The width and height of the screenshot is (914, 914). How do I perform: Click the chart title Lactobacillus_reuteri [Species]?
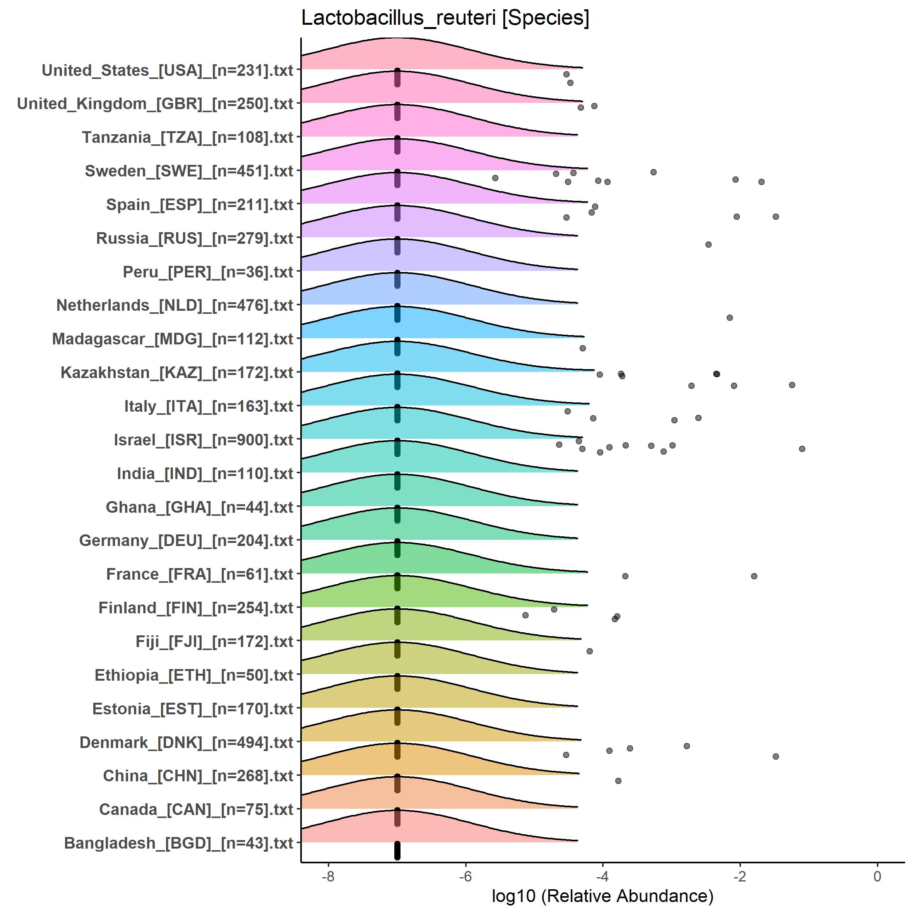pyautogui.click(x=445, y=18)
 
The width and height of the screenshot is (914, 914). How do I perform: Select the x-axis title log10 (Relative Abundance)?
pyautogui.click(x=602, y=895)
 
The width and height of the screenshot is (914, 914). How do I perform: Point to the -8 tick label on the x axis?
pyautogui.click(x=328, y=876)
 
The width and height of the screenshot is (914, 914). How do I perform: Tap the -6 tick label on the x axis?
pyautogui.click(x=465, y=876)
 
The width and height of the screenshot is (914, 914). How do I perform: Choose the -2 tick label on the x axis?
pyautogui.click(x=740, y=876)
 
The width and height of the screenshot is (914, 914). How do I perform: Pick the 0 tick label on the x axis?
pyautogui.click(x=877, y=876)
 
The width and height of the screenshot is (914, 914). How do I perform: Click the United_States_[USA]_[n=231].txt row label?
pyautogui.click(x=168, y=70)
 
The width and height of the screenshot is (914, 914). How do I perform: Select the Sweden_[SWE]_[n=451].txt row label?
pyautogui.click(x=189, y=171)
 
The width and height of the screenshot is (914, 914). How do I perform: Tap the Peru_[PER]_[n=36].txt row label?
pyautogui.click(x=208, y=272)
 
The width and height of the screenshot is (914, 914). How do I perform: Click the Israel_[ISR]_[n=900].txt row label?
pyautogui.click(x=204, y=440)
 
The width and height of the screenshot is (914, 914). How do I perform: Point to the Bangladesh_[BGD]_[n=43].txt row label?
pyautogui.click(x=178, y=843)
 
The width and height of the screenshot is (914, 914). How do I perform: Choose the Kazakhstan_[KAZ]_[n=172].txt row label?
pyautogui.click(x=177, y=373)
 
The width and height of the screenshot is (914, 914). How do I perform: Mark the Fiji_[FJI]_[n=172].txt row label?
pyautogui.click(x=214, y=642)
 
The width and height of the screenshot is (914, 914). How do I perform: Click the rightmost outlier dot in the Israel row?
pyautogui.click(x=802, y=448)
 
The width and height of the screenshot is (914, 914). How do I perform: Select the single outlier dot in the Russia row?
pyautogui.click(x=708, y=245)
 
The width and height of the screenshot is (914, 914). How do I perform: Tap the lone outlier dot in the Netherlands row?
pyautogui.click(x=729, y=317)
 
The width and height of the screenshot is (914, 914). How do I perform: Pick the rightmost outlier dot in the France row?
pyautogui.click(x=754, y=576)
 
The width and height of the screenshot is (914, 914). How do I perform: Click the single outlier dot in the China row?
pyautogui.click(x=618, y=780)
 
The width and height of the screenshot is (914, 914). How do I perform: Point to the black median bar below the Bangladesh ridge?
pyautogui.click(x=397, y=850)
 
